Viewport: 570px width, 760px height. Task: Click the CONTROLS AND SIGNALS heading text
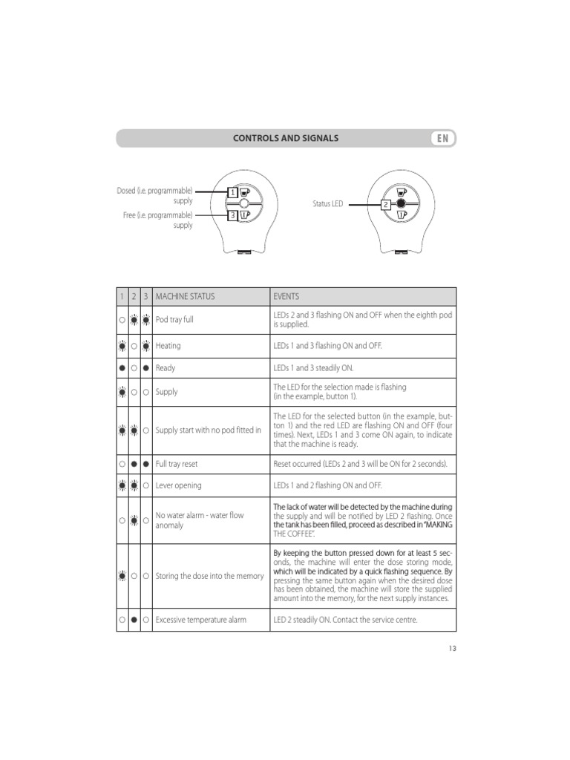286,138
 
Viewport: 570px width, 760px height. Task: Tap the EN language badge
442,138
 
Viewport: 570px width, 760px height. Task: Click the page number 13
452,648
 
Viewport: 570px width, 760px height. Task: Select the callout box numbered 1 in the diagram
232,192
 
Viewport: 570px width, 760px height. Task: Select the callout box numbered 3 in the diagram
232,215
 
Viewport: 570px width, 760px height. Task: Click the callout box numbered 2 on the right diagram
386,204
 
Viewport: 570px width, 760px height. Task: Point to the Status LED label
327,203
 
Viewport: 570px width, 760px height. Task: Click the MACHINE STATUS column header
185,296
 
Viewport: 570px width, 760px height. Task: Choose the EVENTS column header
286,296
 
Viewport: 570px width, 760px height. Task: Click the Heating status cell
168,346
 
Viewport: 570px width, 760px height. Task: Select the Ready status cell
166,368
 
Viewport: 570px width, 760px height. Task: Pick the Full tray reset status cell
177,464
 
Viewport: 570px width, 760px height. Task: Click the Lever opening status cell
178,485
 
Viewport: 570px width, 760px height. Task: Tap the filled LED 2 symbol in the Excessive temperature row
134,620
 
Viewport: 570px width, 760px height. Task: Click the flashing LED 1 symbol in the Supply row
122,392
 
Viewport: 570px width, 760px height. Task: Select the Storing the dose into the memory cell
209,575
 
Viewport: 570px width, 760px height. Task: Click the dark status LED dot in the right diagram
401,203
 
